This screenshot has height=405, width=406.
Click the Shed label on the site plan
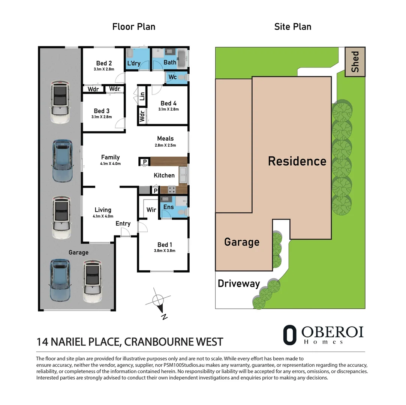(x=355, y=62)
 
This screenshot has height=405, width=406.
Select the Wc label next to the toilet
(x=172, y=77)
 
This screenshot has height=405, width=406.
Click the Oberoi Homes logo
(x=323, y=334)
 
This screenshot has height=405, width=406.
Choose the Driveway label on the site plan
(x=239, y=283)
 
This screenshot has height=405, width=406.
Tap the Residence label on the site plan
(x=297, y=161)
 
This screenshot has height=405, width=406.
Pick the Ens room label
(x=169, y=207)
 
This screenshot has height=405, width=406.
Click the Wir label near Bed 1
(x=151, y=210)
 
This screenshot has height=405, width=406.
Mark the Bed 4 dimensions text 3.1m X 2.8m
(x=169, y=109)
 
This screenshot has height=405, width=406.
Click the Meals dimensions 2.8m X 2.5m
(x=165, y=145)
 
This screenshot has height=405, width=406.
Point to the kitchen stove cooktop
(x=171, y=190)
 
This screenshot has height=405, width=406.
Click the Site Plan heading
(x=293, y=27)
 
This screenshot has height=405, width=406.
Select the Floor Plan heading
(x=134, y=27)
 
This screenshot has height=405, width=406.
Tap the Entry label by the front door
(x=123, y=223)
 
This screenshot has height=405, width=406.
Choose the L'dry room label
(x=134, y=63)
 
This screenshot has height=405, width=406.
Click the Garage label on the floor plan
(x=78, y=252)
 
